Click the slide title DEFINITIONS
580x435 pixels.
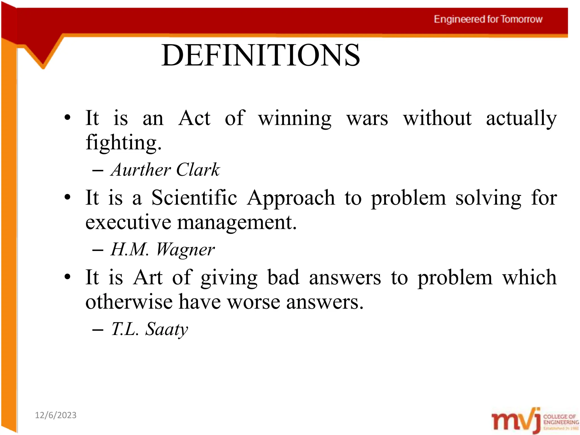click(x=261, y=55)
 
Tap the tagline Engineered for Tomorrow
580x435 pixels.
click(x=488, y=19)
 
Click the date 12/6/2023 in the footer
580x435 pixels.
click(x=56, y=415)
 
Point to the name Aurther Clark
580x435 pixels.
click(x=165, y=170)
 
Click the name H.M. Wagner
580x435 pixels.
click(x=163, y=250)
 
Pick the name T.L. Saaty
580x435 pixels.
click(x=150, y=329)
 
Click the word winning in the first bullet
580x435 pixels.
click(x=295, y=118)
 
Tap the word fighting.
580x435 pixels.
click(x=123, y=143)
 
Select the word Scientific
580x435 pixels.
click(x=194, y=198)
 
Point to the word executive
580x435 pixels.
click(x=128, y=222)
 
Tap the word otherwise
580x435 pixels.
click(x=129, y=302)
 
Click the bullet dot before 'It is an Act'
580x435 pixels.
click(x=67, y=117)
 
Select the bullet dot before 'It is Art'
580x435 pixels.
click(x=67, y=277)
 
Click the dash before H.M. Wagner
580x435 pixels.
click(x=98, y=250)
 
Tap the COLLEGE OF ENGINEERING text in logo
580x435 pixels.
click(x=561, y=419)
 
